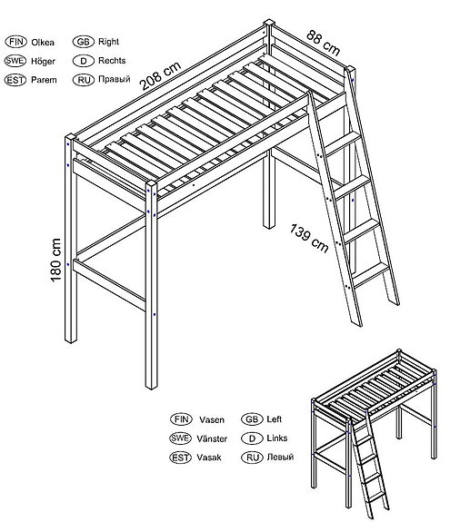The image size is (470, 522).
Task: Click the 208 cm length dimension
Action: pyautogui.click(x=160, y=76)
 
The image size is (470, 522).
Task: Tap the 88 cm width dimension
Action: pyautogui.click(x=323, y=43)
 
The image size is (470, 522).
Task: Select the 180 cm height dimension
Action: pyautogui.click(x=55, y=260)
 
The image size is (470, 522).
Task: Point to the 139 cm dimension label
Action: pyautogui.click(x=309, y=239)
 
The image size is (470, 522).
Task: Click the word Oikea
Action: pyautogui.click(x=43, y=43)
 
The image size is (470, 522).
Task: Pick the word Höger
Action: pyautogui.click(x=43, y=61)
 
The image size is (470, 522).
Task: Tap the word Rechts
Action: pyautogui.click(x=112, y=61)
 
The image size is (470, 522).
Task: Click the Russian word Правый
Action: pyautogui.click(x=114, y=80)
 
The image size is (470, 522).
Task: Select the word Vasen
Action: pyautogui.click(x=212, y=419)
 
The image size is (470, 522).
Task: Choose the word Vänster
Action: pyautogui.click(x=212, y=438)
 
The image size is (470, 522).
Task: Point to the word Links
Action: pyautogui.click(x=277, y=438)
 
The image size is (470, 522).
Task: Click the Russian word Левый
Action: pyautogui.click(x=280, y=457)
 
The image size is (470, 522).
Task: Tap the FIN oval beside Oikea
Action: pyautogui.click(x=16, y=42)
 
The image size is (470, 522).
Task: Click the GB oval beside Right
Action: pyautogui.click(x=84, y=42)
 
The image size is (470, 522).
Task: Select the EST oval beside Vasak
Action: pyautogui.click(x=180, y=458)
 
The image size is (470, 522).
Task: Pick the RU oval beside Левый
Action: pyautogui.click(x=253, y=458)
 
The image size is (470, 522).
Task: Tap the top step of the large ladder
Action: pyautogui.click(x=343, y=143)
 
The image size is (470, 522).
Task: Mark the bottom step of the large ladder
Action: pyautogui.click(x=371, y=274)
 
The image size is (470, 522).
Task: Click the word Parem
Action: pyautogui.click(x=44, y=80)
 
